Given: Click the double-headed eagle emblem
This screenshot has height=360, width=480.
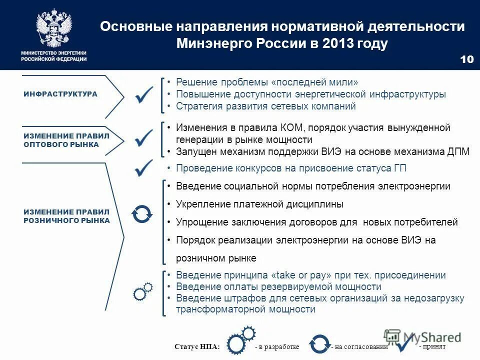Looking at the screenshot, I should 53,28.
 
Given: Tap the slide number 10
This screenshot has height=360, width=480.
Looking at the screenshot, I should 466,59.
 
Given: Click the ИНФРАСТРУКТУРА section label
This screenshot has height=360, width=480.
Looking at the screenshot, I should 60,94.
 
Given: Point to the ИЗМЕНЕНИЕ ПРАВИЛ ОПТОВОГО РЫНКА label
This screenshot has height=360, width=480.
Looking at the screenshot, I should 66,140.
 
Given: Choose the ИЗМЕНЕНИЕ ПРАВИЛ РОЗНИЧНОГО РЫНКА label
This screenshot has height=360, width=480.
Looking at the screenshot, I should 66,216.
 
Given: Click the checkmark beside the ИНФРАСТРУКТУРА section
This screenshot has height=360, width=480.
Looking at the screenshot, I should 143,94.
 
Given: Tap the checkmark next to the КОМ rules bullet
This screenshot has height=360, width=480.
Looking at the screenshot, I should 143,137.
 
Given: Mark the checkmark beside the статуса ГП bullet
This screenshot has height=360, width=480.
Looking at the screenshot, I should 143,168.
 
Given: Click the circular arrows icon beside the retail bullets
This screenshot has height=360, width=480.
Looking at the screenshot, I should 141,213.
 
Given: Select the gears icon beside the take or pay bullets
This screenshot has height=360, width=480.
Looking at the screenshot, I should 142,291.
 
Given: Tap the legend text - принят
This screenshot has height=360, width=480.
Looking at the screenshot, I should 432,346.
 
